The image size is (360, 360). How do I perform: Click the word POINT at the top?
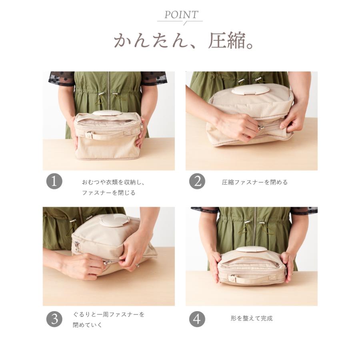181,15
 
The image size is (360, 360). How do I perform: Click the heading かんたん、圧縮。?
184,41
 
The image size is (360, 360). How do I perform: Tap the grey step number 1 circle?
54,181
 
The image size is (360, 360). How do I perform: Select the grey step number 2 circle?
197,181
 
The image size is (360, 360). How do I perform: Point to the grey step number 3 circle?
54,319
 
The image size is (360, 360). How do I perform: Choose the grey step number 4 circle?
197,319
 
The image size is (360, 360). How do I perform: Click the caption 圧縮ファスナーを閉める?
255,182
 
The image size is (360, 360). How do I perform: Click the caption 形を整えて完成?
252,318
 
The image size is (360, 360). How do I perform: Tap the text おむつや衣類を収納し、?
114,182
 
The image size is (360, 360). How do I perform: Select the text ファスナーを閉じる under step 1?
109,193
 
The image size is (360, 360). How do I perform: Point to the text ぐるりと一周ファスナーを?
108,314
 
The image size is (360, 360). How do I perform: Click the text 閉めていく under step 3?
88,325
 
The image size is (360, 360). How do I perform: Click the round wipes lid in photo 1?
107,113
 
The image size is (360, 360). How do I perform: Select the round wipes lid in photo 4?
252,249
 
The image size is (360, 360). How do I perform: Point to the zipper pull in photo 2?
261,128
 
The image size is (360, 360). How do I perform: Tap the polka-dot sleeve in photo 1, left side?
61,78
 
